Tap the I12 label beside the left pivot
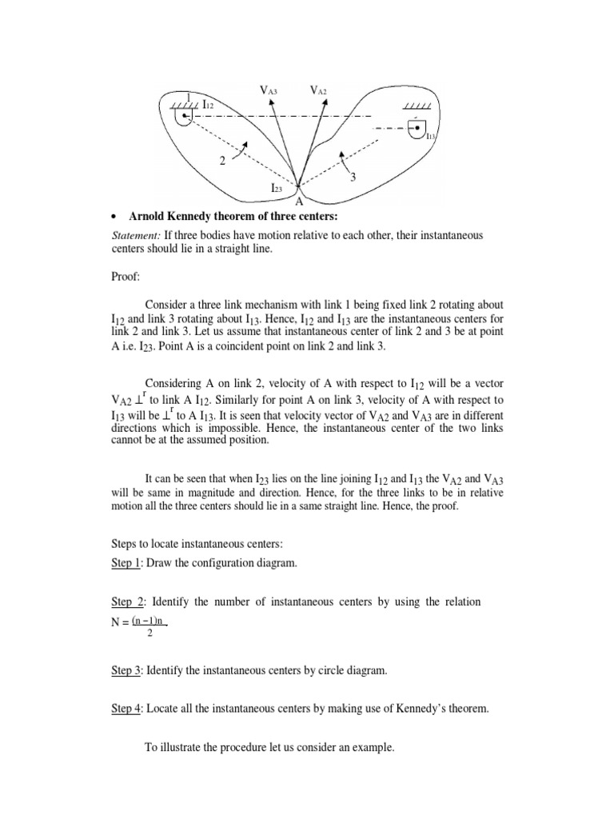pos(206,105)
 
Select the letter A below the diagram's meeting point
pos(300,202)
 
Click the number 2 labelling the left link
pos(221,161)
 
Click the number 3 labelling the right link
pos(352,178)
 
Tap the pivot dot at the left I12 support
pos(184,117)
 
